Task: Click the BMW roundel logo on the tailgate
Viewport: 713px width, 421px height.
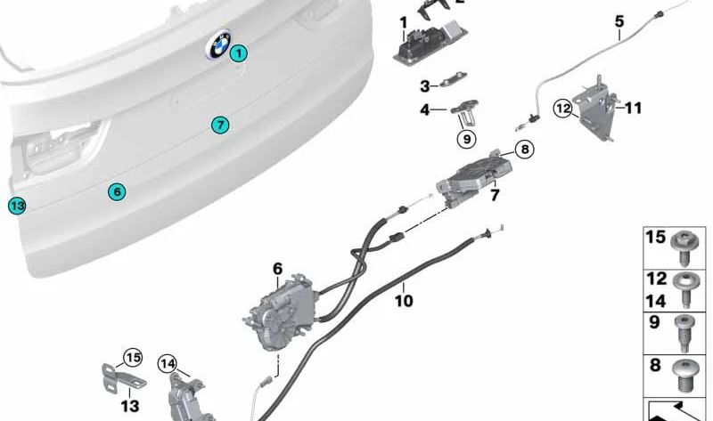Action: pos(219,45)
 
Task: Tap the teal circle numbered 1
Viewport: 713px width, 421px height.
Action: pos(238,53)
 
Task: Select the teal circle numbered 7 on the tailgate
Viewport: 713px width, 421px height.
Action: pos(220,124)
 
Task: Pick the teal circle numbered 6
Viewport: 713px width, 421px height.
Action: pos(116,191)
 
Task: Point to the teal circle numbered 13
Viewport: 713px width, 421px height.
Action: pos(16,206)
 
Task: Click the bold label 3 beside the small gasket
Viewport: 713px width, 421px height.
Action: pos(425,86)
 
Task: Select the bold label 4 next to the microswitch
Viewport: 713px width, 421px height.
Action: pos(425,110)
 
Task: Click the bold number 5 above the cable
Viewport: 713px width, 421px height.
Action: pos(619,20)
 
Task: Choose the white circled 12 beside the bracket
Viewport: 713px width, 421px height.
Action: pos(562,109)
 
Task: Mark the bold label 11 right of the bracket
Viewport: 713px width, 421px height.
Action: pos(633,109)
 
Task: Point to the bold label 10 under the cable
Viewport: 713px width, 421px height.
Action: pos(403,301)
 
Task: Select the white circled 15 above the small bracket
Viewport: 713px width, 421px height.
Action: pos(132,358)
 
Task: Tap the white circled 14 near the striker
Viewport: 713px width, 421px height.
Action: pos(168,362)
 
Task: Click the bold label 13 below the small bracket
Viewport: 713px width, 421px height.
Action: pos(130,406)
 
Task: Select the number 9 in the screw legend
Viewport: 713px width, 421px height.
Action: pos(655,323)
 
